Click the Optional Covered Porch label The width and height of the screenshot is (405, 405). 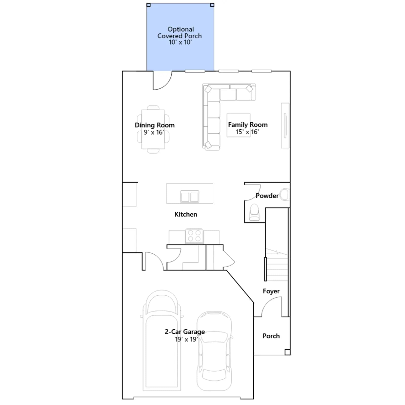point(180,33)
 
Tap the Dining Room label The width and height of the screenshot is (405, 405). point(155,125)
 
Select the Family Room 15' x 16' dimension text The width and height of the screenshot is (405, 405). point(247,132)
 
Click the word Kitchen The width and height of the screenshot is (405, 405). point(186,214)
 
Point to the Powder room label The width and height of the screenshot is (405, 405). point(267,196)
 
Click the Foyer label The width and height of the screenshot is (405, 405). point(271,291)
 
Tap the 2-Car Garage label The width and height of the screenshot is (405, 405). point(185,332)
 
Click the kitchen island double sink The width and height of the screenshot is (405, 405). point(190,197)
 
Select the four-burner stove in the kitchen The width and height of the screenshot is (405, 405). point(194,236)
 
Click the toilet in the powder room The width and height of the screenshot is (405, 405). point(254,212)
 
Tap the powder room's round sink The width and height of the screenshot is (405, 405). point(285,195)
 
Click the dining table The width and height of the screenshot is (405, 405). point(153,129)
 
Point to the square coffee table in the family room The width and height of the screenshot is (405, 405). point(238,125)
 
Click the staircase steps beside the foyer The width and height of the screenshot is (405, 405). point(277,265)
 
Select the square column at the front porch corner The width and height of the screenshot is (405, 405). point(287,352)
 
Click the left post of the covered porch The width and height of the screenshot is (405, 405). point(149,5)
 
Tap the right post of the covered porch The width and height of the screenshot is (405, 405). point(212,5)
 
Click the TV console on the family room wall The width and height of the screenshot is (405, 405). point(285,125)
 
